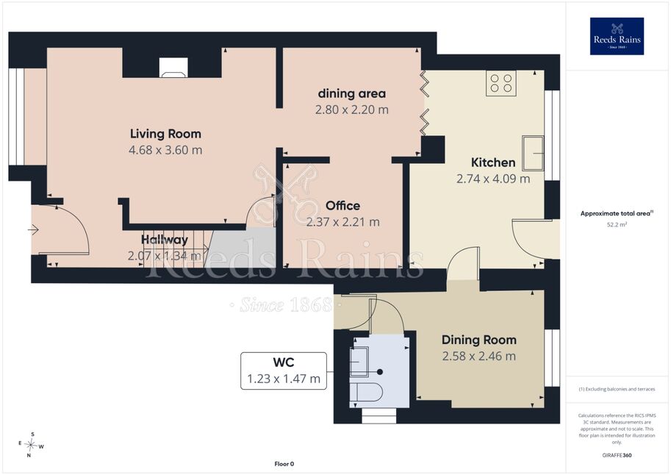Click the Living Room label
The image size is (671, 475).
165,134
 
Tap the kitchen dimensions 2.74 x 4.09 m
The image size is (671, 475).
493,179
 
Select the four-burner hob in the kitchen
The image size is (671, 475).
501,83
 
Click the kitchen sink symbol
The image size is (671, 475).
533,154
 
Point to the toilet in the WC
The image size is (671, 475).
365,393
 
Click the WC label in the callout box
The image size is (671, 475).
284,362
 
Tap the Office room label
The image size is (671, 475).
342,206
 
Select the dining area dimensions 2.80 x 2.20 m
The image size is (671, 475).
352,110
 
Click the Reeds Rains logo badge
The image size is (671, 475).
617,36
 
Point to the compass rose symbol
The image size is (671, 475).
30,445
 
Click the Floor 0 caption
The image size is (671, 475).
284,464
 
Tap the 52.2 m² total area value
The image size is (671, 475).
617,224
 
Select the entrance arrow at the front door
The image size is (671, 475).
33,230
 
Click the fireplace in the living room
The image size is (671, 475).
173,68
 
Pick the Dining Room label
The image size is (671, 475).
479,340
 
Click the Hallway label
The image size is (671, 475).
165,240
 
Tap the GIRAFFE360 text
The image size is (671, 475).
617,455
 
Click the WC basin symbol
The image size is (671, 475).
359,362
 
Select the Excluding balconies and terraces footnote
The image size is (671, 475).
617,389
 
